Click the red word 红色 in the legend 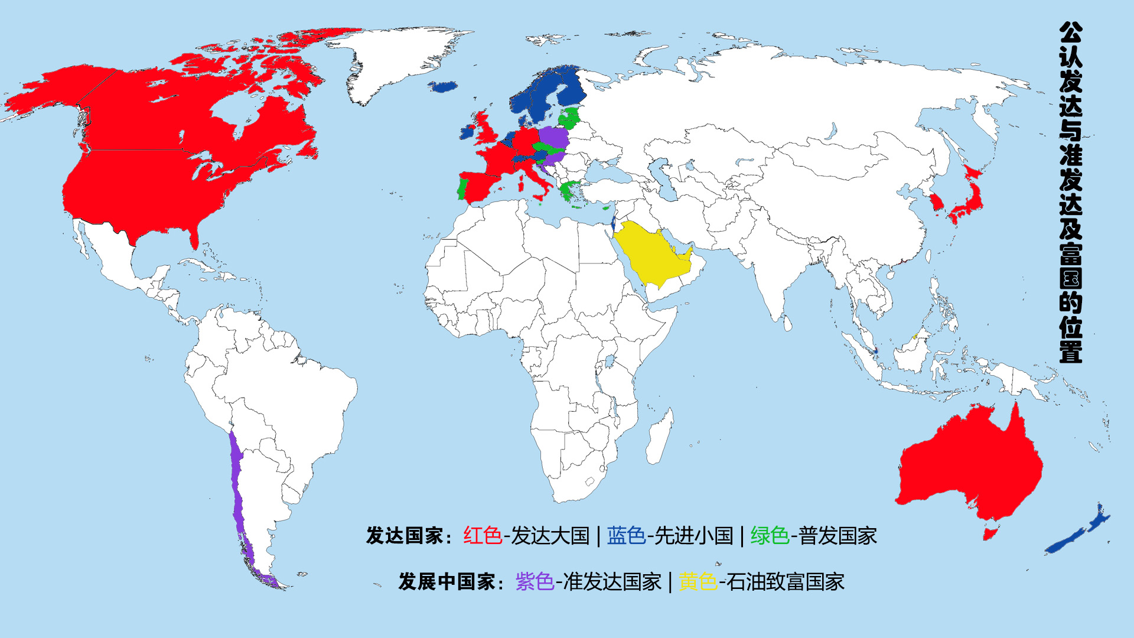coord(483,536)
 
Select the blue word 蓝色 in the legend coord(626,536)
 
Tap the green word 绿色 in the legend coord(770,536)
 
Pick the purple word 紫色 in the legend coord(535,582)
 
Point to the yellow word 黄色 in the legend coord(698,582)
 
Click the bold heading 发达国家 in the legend coord(404,536)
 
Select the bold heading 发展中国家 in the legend coord(447,582)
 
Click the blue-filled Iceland coord(443,87)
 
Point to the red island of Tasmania coord(990,533)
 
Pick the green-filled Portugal coord(462,188)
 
